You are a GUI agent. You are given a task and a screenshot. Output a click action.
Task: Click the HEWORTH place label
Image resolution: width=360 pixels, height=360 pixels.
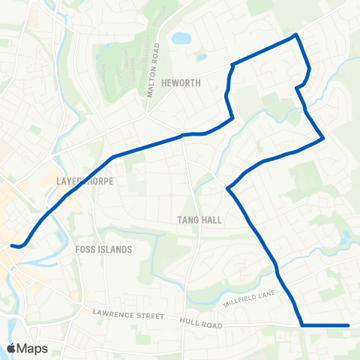[180, 83]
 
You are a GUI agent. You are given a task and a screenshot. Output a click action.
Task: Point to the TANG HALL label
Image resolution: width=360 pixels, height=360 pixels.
[196, 220]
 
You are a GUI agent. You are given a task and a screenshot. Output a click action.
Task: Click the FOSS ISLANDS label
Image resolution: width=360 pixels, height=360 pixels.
[103, 249]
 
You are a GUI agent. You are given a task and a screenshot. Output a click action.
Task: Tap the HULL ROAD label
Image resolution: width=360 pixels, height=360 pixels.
[201, 323]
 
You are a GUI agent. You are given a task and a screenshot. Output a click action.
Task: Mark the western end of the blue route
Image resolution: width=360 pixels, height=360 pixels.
[13, 244]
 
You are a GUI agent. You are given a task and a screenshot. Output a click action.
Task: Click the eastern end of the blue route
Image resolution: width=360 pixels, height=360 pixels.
[348, 325]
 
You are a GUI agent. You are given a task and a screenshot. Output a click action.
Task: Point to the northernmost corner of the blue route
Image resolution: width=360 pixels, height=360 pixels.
[297, 34]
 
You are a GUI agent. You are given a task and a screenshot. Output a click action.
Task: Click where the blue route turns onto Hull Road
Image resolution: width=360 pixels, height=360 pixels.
[302, 325]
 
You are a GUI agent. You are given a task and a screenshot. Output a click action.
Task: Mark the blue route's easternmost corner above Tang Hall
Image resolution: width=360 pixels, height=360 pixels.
[322, 138]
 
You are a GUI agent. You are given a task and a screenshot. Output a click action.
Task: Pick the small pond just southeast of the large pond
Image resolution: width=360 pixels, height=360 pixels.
[201, 56]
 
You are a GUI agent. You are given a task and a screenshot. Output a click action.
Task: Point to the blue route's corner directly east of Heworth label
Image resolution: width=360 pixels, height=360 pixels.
[232, 65]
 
